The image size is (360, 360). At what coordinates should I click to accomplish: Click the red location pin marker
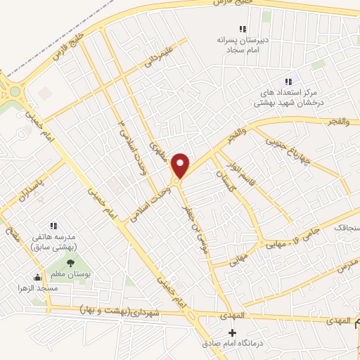tap(181, 165)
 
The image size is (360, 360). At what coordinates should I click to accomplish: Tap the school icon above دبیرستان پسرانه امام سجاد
tap(243, 29)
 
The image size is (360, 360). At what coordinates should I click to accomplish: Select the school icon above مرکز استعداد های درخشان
tap(288, 82)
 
